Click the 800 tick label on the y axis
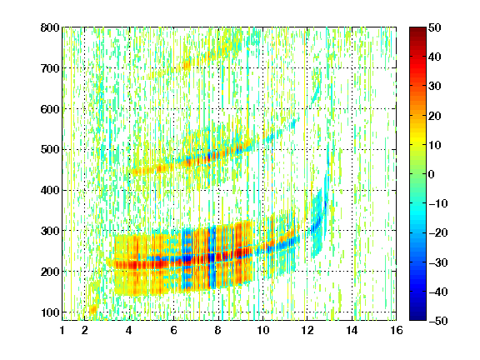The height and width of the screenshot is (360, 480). [50, 27]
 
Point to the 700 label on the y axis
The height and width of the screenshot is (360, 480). [50, 68]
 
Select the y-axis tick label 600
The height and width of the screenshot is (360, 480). [50, 109]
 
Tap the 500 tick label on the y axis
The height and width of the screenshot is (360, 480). [50, 150]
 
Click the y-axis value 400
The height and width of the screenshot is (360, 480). [50, 190]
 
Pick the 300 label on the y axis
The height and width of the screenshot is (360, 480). [50, 231]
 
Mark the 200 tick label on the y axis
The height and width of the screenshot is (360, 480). [50, 272]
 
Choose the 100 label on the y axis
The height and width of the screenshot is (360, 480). [50, 312]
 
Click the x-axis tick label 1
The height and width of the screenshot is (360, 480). [62, 330]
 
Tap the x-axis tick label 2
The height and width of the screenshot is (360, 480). [85, 330]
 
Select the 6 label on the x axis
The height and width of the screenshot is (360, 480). [173, 330]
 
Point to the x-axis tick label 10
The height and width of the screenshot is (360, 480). [262, 330]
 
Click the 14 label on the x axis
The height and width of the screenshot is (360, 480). [352, 330]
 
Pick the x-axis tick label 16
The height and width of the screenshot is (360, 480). [397, 330]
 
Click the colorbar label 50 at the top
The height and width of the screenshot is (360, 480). [435, 27]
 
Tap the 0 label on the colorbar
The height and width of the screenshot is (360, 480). [432, 174]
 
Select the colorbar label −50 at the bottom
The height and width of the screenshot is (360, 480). [438, 321]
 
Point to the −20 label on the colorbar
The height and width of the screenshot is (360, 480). [438, 232]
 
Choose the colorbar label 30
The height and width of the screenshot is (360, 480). [435, 87]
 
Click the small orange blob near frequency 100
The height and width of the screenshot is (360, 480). [93, 309]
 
